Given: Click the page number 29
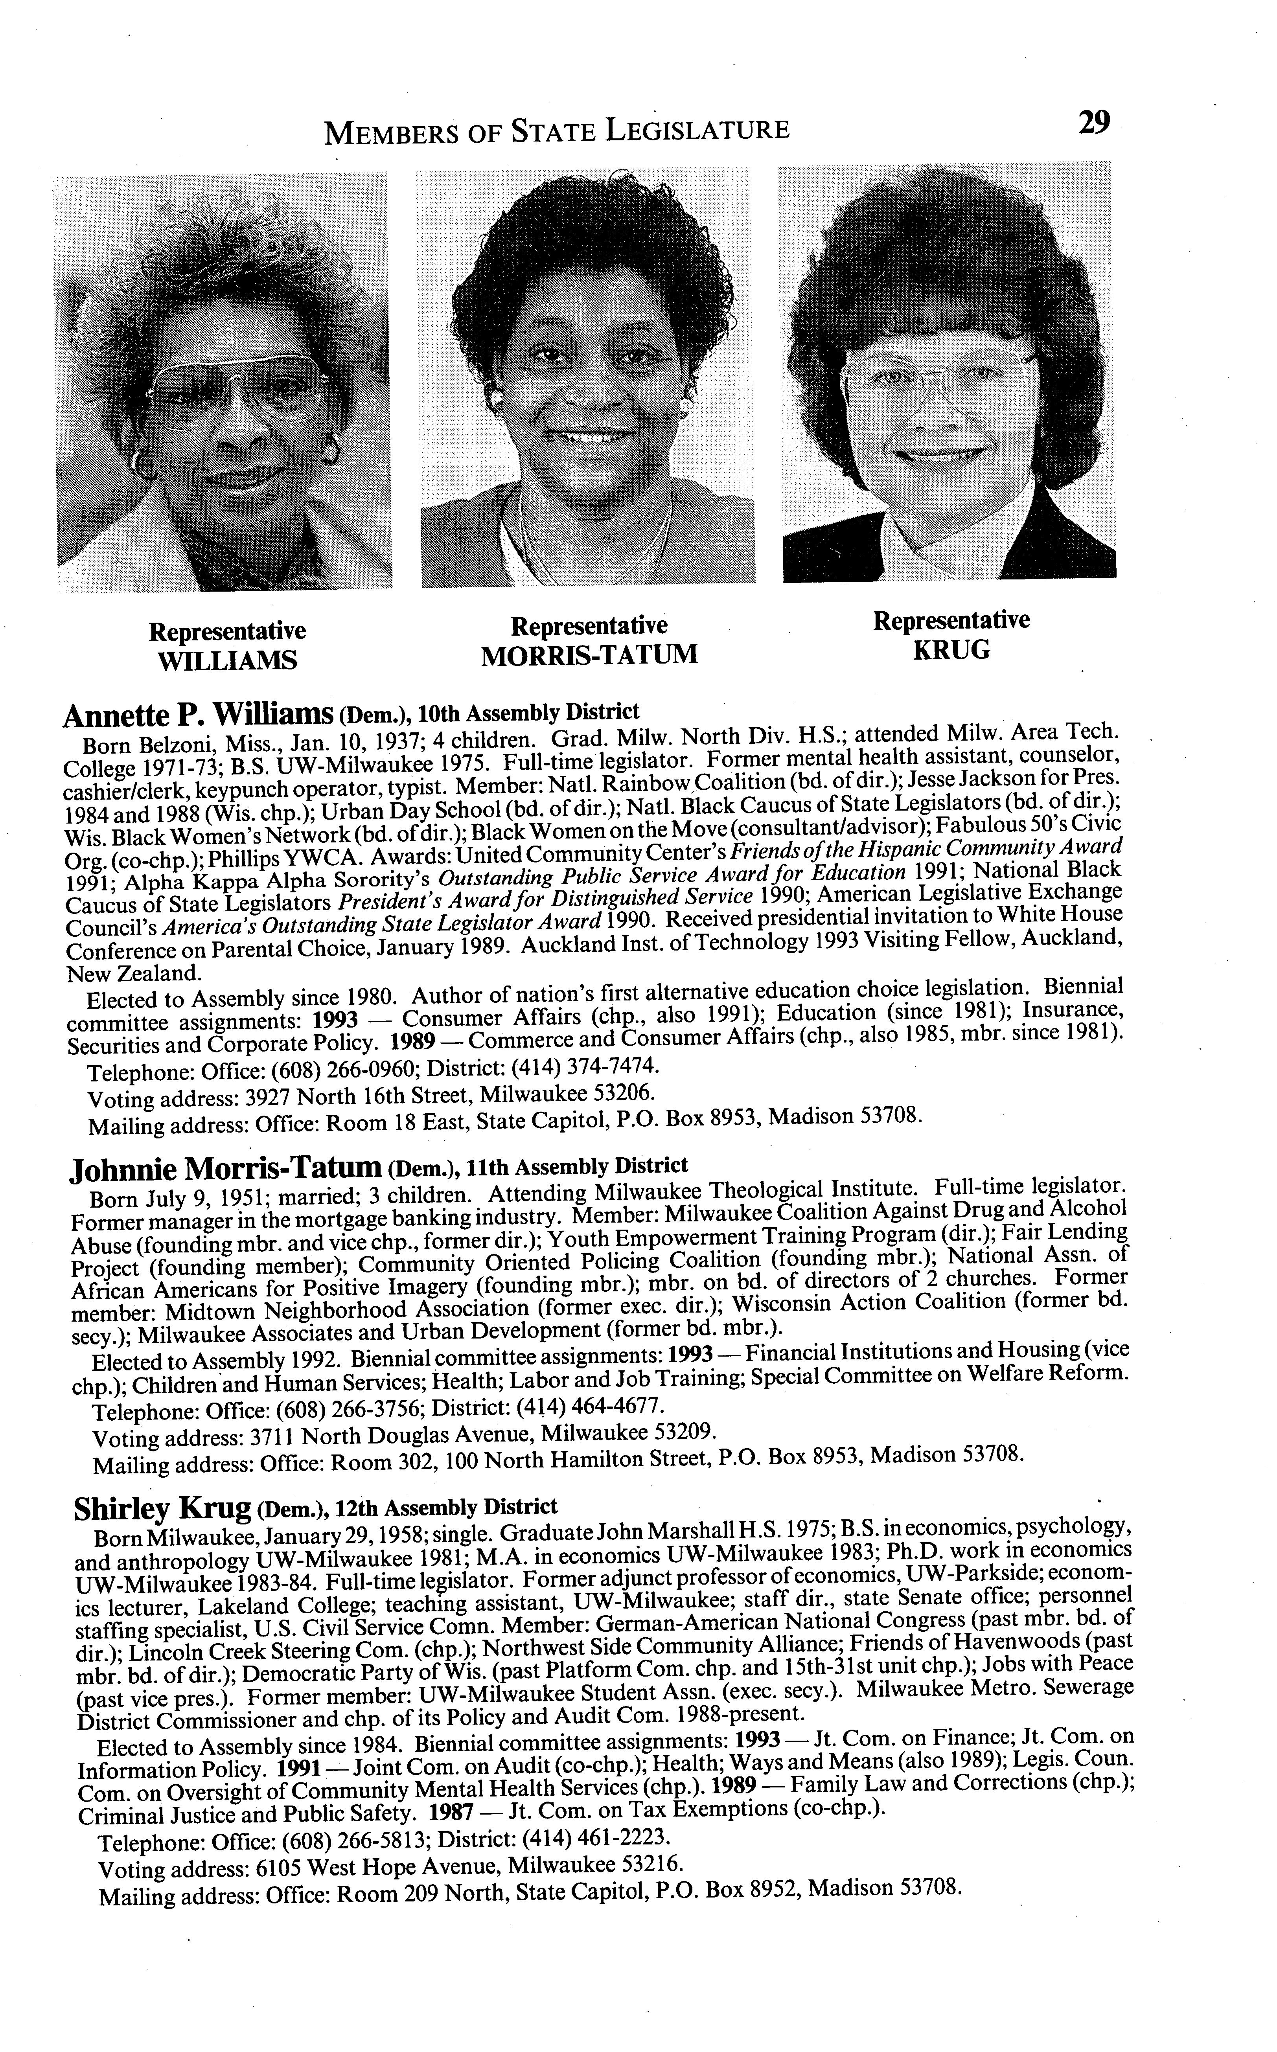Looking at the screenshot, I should [x=1093, y=123].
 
